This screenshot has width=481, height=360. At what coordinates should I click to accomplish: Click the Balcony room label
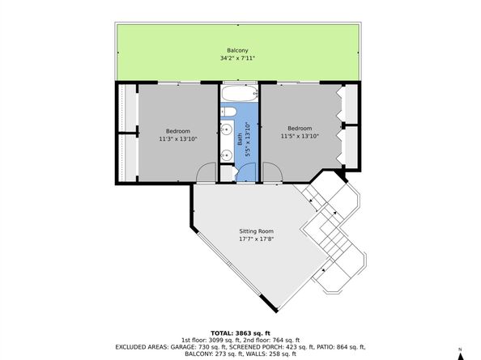(237, 51)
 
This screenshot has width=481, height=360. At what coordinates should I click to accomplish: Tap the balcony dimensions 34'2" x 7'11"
(237, 58)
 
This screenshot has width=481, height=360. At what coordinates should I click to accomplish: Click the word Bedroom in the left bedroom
(178, 131)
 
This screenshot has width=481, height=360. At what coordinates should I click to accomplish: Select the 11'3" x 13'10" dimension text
(178, 138)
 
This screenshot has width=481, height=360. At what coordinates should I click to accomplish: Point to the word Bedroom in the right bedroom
(300, 128)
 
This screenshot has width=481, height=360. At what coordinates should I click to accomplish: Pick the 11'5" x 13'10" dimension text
(300, 135)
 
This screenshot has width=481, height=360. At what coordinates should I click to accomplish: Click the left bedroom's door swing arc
(206, 172)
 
